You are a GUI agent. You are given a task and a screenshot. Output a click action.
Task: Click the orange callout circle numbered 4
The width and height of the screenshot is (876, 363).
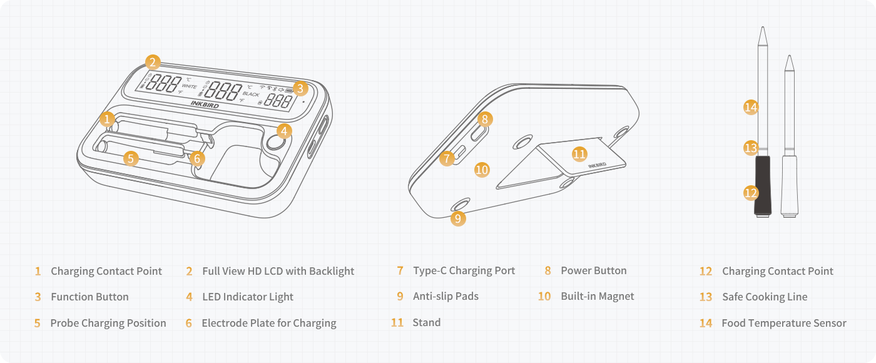(x=285, y=131)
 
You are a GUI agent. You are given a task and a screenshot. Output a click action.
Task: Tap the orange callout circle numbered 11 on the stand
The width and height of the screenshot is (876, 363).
(x=579, y=153)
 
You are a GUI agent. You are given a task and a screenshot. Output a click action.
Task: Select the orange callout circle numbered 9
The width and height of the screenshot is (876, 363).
(x=458, y=218)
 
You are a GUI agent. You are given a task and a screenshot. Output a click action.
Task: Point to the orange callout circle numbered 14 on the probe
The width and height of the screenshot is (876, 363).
(x=751, y=107)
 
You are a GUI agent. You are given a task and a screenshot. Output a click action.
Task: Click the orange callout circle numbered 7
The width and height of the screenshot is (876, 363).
(x=446, y=158)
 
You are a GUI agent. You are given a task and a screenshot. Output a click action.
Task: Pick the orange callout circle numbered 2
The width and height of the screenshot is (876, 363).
(x=153, y=62)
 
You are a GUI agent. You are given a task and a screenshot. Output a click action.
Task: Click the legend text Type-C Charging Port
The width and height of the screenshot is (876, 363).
(x=464, y=271)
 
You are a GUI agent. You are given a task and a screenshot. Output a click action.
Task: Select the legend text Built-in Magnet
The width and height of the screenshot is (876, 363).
(x=597, y=297)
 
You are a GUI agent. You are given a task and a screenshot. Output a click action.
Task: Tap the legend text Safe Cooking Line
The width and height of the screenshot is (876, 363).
(x=765, y=297)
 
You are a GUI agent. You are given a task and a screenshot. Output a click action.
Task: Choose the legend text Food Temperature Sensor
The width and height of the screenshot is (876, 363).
(x=783, y=324)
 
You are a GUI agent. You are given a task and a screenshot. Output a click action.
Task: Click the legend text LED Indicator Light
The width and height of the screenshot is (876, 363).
(x=248, y=297)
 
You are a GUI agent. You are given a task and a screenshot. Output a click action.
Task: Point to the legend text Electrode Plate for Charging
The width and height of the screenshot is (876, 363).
(x=268, y=324)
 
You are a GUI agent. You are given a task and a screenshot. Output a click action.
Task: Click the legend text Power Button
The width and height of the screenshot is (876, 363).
(x=593, y=271)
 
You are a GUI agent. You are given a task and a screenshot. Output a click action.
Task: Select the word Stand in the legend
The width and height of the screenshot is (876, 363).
(x=426, y=323)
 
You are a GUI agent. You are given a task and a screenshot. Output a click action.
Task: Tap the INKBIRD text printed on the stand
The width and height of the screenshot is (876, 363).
(x=597, y=165)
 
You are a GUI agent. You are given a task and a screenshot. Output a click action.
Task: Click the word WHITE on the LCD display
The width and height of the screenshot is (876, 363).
(x=189, y=87)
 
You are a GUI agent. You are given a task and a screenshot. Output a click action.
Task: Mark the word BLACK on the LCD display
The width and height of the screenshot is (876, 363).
(x=251, y=95)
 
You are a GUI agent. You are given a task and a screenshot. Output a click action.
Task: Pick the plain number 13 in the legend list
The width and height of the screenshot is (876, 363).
(x=706, y=297)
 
